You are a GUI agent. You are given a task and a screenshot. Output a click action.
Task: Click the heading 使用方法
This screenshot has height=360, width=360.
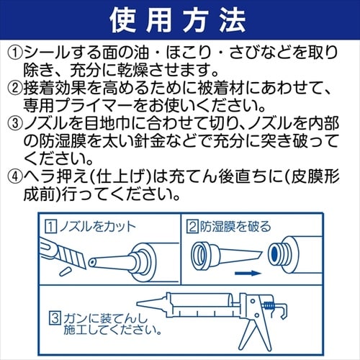coord(180,19)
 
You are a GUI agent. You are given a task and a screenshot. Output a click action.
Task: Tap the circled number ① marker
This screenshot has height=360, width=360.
coord(15,53)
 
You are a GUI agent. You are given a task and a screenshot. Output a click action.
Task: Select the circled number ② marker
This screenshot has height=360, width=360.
coord(15,89)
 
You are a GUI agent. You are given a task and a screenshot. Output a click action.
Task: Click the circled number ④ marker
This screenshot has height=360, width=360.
coord(15,177)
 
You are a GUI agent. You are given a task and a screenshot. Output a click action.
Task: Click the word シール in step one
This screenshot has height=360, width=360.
coord(47,53)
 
